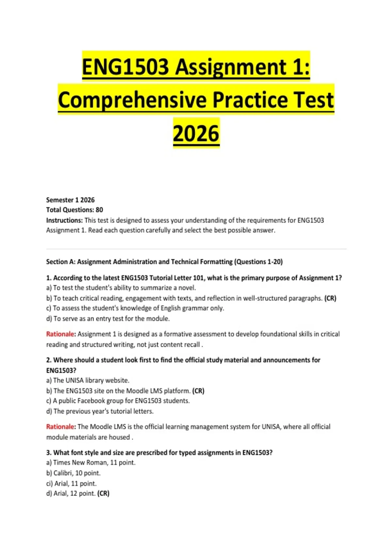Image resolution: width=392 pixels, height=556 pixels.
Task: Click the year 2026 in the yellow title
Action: point(196,133)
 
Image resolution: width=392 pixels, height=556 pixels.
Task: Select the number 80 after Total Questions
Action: point(99,210)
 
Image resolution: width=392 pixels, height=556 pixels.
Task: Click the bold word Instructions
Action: point(64,220)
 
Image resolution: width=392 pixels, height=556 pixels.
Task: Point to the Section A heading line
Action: point(164,262)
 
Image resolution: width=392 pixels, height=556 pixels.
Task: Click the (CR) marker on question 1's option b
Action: point(330,298)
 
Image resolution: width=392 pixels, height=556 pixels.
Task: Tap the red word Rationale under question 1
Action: point(60,334)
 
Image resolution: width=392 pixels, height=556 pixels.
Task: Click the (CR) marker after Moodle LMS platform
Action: point(198,391)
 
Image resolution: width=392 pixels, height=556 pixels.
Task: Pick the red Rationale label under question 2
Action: point(60,426)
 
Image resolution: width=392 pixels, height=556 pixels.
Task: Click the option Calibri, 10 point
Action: point(73,473)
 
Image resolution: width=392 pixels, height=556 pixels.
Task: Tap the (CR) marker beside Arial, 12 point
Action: point(103,493)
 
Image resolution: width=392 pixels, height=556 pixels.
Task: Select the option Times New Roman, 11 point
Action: point(91,462)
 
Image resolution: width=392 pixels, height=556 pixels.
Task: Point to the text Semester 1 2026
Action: point(70,200)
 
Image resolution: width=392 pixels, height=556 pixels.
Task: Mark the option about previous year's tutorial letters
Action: point(100,411)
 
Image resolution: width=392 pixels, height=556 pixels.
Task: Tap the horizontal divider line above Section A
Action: point(196,249)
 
